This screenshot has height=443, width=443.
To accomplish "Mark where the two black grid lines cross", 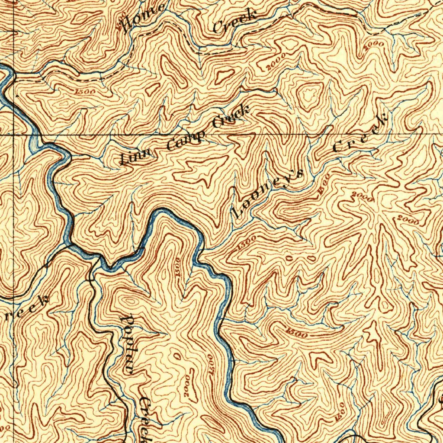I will click(x=13, y=135).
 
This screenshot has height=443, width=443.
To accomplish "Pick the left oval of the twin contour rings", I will click(x=289, y=258).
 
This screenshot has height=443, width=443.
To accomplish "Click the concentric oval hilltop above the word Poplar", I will click(x=129, y=301).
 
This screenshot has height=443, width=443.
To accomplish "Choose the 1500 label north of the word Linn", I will click(x=85, y=92).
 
